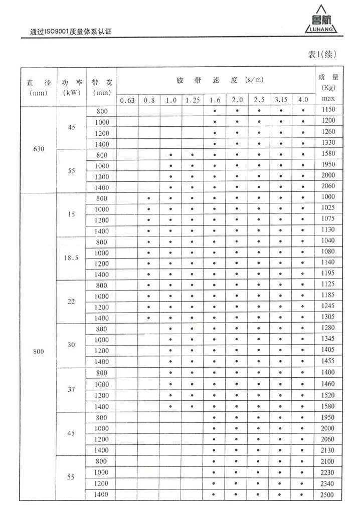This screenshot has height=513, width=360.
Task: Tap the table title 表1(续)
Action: coord(321,54)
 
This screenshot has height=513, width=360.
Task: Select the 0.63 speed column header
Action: coord(127,100)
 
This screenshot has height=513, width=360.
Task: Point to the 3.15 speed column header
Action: coord(281,100)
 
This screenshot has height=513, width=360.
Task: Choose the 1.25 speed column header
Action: coord(193,100)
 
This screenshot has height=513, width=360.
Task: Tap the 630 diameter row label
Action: coord(39,149)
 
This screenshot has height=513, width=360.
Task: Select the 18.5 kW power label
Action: coord(71,259)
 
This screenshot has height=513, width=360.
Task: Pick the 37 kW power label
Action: coord(71,389)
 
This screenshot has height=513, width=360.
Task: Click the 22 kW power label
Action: coord(71,302)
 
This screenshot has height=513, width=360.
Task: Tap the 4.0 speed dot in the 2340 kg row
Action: coord(303,484)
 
